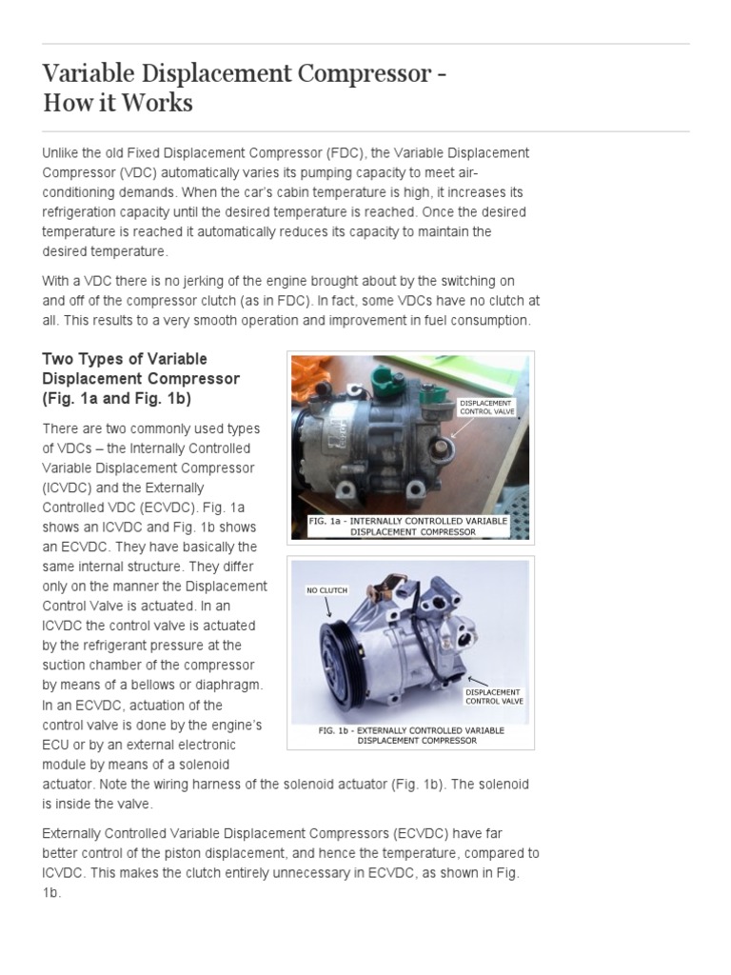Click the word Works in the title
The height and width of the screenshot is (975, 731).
tap(161, 102)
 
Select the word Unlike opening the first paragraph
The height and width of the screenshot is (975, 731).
tap(63, 153)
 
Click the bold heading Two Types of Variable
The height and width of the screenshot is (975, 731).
tap(125, 359)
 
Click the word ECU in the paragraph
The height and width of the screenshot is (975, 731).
tap(54, 744)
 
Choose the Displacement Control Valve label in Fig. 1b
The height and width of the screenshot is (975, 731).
tap(493, 696)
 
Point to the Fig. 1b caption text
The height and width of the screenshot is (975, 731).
tap(411, 735)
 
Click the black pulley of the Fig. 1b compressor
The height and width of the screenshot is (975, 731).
tap(335, 658)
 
